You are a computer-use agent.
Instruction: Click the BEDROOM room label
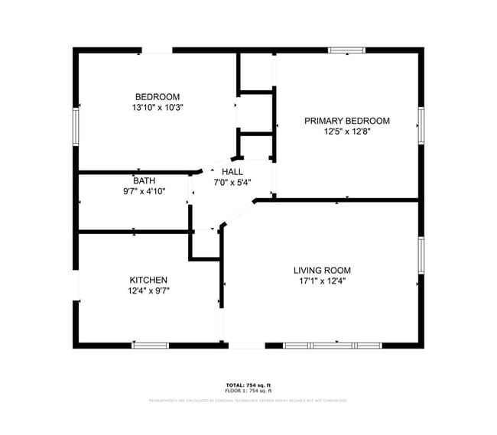pos(157,96)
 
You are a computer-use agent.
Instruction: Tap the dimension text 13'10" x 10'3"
pos(157,108)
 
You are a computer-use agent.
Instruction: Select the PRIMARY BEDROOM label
pos(346,121)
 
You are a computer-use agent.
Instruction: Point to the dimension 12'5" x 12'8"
pos(346,131)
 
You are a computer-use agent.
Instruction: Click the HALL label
pos(232,171)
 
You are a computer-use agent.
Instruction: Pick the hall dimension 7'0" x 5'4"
pos(232,182)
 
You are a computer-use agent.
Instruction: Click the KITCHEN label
pos(148,280)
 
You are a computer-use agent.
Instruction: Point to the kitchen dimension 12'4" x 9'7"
pos(148,291)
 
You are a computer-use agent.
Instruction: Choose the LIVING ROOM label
pos(322,270)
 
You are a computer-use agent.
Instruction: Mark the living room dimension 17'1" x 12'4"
pos(322,281)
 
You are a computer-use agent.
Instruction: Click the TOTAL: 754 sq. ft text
pos(248,385)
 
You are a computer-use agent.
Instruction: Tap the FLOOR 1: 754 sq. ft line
pos(248,391)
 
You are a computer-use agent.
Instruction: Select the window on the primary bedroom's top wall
pos(347,50)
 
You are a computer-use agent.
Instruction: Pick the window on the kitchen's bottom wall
pos(150,346)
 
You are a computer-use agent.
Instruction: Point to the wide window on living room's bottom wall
pos(332,346)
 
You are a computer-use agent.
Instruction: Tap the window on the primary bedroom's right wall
pos(421,125)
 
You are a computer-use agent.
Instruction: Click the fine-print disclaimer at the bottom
pos(248,400)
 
